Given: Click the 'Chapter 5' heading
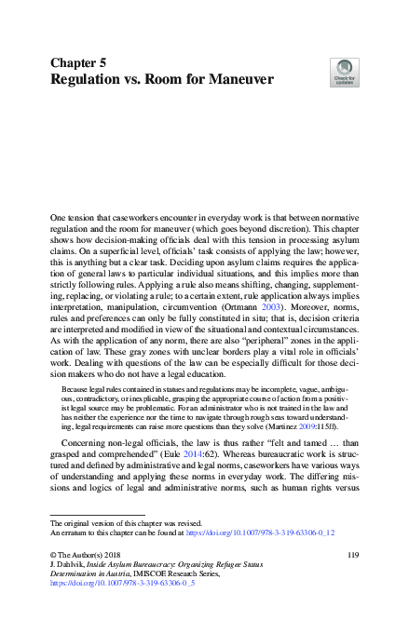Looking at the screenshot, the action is (x=78, y=62).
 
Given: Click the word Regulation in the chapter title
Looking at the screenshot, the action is (x=92, y=80).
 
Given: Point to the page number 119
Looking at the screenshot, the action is (x=352, y=556).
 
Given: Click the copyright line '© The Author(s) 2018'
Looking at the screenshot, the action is (x=87, y=556).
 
